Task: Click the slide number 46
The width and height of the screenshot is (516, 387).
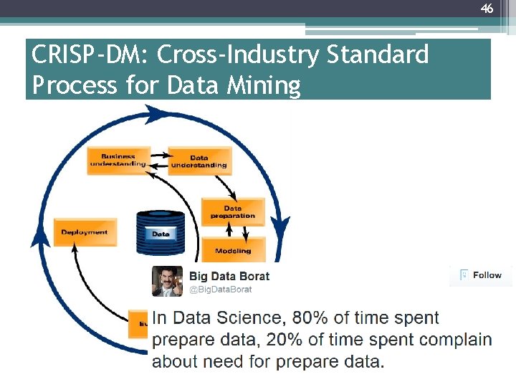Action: coord(487,9)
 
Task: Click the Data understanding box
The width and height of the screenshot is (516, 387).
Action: coord(199,161)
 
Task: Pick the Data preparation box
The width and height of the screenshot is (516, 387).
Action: coord(233,212)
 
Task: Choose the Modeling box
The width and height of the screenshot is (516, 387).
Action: coord(233,251)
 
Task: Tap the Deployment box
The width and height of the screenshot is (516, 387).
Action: coord(85,232)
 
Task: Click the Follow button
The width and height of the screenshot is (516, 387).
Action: coord(481,275)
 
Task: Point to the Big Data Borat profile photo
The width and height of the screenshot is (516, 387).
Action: coord(167,281)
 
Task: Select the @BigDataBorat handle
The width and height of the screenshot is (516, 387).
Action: coord(221,290)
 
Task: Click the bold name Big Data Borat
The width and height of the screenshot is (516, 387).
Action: coord(229,276)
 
